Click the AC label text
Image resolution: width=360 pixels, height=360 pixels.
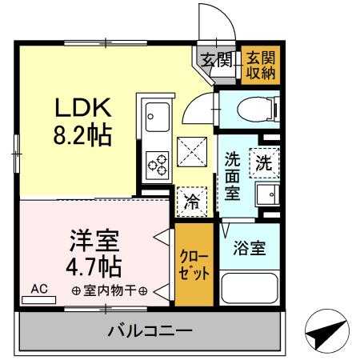(x=39, y=287)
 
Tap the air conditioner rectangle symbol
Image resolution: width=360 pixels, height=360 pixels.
(x=39, y=299)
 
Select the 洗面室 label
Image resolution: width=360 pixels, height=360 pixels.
(x=232, y=175)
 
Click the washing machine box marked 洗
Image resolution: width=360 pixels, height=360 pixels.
(x=263, y=162)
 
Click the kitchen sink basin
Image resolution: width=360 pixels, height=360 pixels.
(x=156, y=119)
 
